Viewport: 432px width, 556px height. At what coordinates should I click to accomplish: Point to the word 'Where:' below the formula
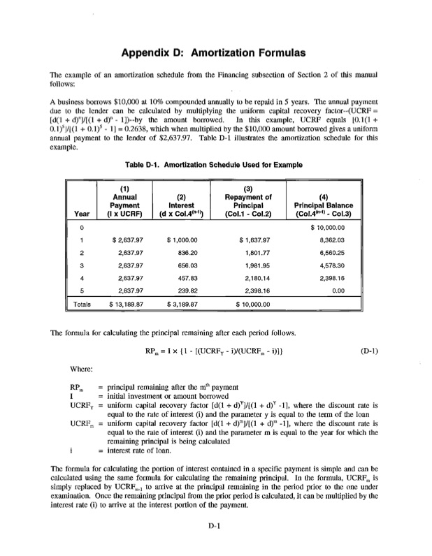[x=82, y=369]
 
